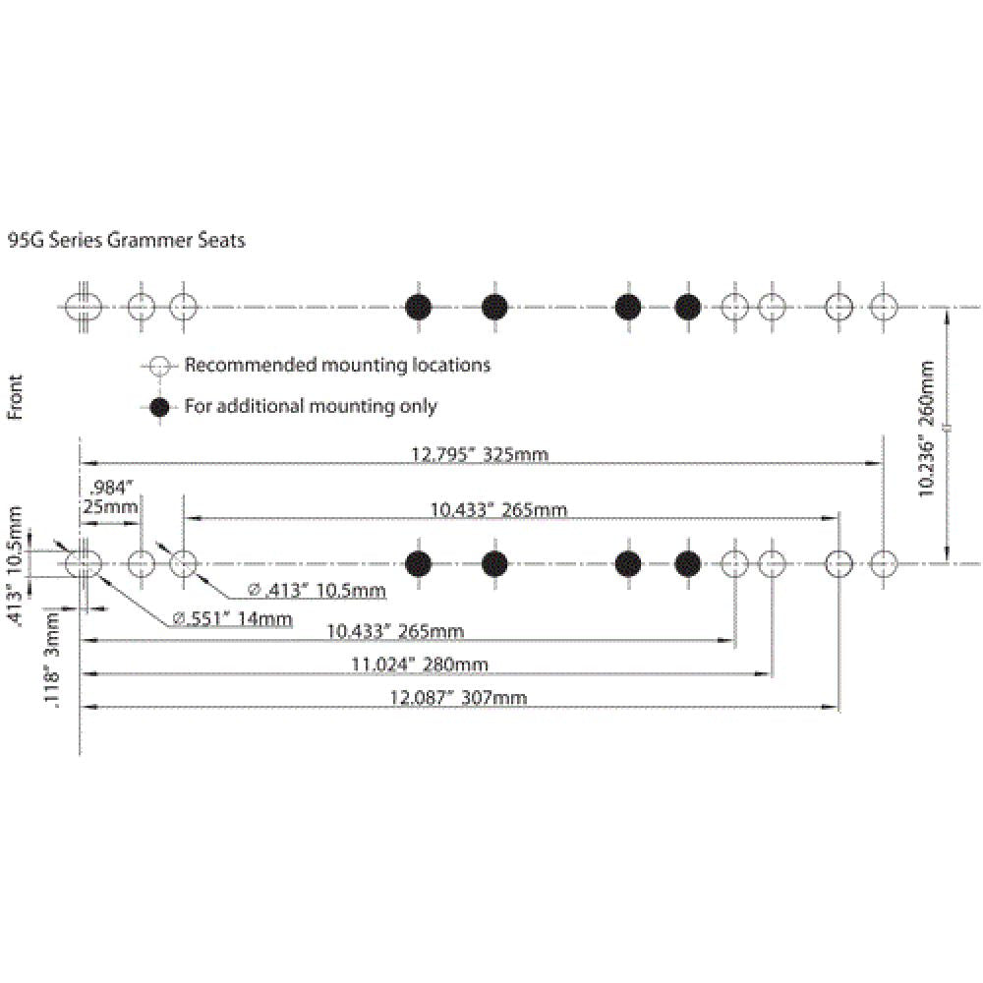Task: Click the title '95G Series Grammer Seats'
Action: pyautogui.click(x=126, y=240)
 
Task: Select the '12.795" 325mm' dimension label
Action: pyautogui.click(x=478, y=453)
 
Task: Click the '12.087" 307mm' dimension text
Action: pyautogui.click(x=458, y=698)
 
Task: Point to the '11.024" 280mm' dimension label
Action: pyautogui.click(x=420, y=665)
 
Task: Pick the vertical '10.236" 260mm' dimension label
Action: pyautogui.click(x=926, y=429)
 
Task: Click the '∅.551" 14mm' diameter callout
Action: pyautogui.click(x=232, y=618)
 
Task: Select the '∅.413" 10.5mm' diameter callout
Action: pyautogui.click(x=316, y=590)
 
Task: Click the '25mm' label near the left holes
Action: pyautogui.click(x=106, y=506)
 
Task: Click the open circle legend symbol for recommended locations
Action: pyautogui.click(x=157, y=366)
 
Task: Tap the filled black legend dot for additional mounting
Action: pyautogui.click(x=157, y=406)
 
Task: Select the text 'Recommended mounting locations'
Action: pyautogui.click(x=337, y=366)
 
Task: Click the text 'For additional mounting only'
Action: pyautogui.click(x=311, y=406)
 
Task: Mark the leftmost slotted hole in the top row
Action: pyautogui.click(x=84, y=307)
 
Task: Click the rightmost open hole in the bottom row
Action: pyautogui.click(x=883, y=564)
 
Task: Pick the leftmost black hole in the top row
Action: pyautogui.click(x=420, y=307)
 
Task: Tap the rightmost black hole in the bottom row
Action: pyautogui.click(x=688, y=564)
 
